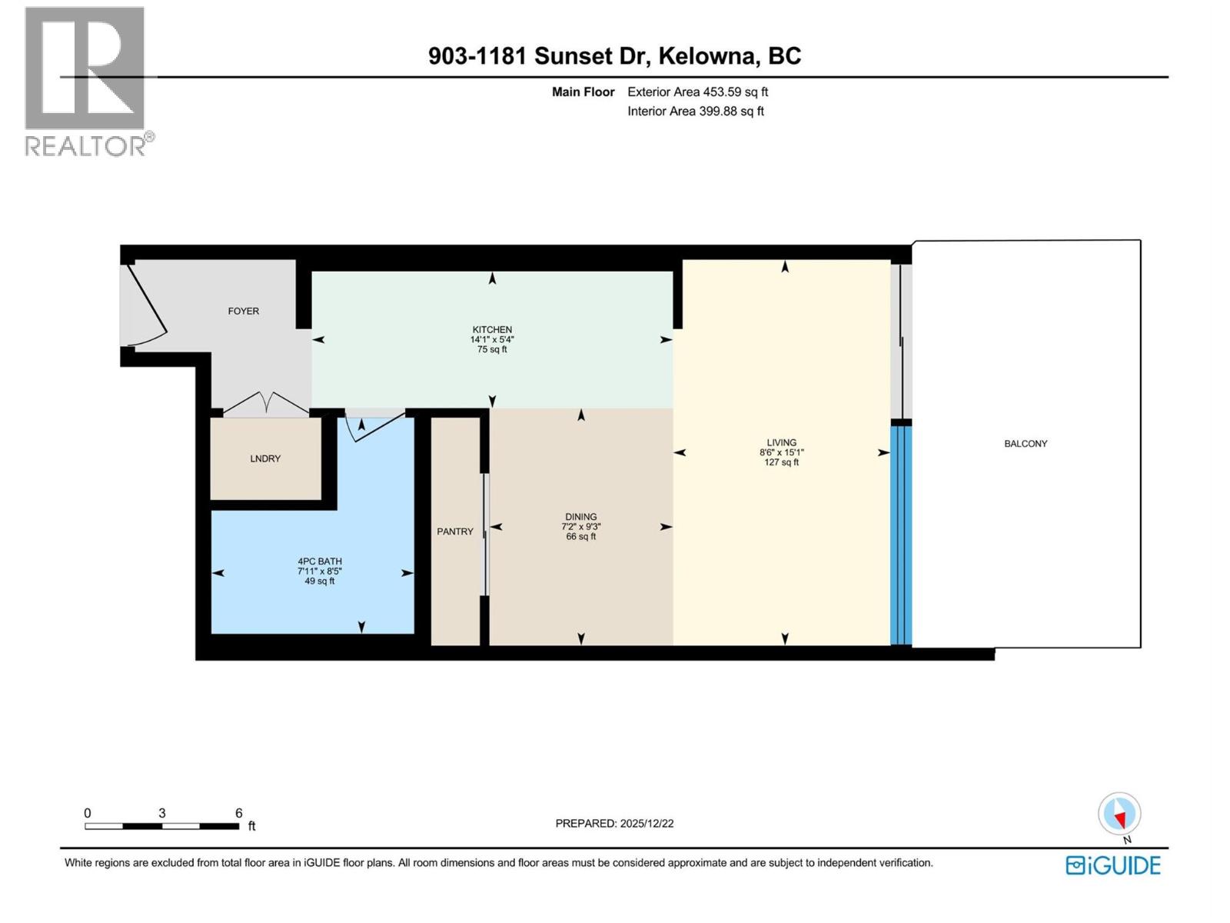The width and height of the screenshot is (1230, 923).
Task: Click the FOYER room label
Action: pyautogui.click(x=243, y=311)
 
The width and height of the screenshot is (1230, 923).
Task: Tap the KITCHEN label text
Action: pyautogui.click(x=492, y=329)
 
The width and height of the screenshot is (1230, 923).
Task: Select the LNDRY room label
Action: pyautogui.click(x=265, y=458)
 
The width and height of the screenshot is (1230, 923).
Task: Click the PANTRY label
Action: pyautogui.click(x=455, y=531)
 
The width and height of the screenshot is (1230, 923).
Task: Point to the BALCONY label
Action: pyautogui.click(x=1026, y=444)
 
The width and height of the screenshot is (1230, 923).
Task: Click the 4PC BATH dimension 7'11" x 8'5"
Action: pyautogui.click(x=320, y=571)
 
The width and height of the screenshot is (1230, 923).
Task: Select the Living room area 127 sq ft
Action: pyautogui.click(x=781, y=463)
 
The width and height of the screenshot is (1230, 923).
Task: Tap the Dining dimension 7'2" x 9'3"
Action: pyautogui.click(x=581, y=527)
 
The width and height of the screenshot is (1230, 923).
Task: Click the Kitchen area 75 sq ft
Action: pyautogui.click(x=492, y=349)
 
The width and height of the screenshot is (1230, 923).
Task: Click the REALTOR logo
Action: pyautogui.click(x=86, y=81)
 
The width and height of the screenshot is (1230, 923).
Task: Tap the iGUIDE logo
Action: pyautogui.click(x=1113, y=865)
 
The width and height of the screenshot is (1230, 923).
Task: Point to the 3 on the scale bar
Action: pyautogui.click(x=161, y=813)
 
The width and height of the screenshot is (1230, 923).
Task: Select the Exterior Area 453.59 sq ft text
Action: pyautogui.click(x=697, y=92)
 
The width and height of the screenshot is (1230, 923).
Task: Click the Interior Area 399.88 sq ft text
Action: pyautogui.click(x=695, y=111)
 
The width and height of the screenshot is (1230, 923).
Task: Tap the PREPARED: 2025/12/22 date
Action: pyautogui.click(x=614, y=823)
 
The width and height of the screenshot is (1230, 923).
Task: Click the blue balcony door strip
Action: pyautogui.click(x=901, y=535)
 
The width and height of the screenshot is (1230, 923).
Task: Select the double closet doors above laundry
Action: pyautogui.click(x=265, y=404)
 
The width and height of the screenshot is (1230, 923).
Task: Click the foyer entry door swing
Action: pyautogui.click(x=146, y=308)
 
